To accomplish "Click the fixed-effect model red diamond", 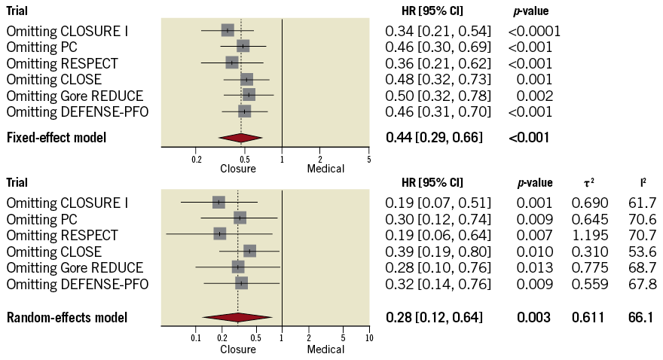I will click(240, 138).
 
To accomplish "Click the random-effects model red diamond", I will click(236, 318).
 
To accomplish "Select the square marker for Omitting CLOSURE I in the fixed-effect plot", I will click(228, 30).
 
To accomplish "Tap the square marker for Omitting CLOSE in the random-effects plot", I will click(249, 251).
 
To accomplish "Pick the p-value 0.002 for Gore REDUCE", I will click(535, 96).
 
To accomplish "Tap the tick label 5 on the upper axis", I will click(368, 160).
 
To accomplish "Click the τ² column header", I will click(588, 183).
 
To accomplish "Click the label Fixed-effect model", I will click(57, 138).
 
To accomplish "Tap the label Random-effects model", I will click(67, 318).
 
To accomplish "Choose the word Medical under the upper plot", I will click(325, 169).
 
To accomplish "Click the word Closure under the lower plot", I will click(238, 349).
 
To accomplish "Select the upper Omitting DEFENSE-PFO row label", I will click(78, 112).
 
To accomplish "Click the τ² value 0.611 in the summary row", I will click(588, 318).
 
